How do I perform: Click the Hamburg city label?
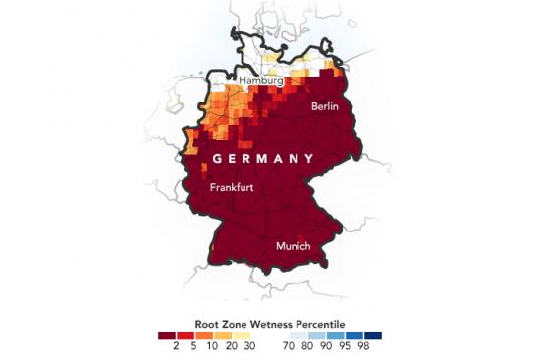pyautogui.click(x=262, y=80)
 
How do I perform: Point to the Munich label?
pyautogui.click(x=295, y=245)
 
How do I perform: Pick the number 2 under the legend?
pyautogui.click(x=175, y=346)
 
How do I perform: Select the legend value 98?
pyautogui.click(x=365, y=346)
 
